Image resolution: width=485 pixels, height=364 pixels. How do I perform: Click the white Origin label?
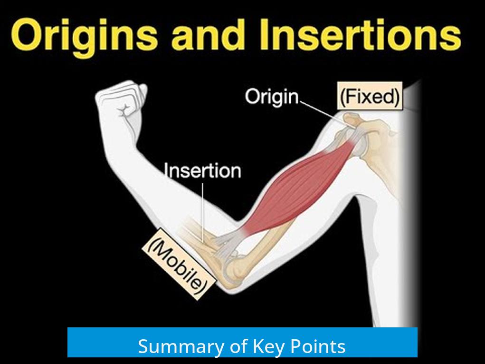(x=272, y=97)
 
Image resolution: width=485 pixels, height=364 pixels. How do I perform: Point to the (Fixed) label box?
(x=370, y=96)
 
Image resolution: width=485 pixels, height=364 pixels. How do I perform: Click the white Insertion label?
(x=203, y=170)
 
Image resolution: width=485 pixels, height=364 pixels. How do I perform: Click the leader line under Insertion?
(x=203, y=212)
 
